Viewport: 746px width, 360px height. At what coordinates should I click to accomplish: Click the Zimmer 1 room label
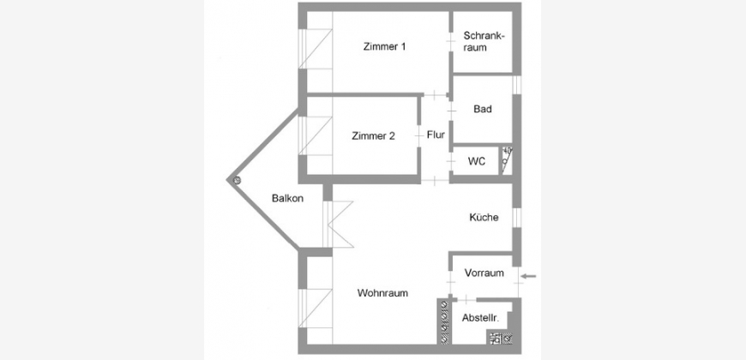384,47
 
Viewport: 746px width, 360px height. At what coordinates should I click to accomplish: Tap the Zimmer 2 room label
374,136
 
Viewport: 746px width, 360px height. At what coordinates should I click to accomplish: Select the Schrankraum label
483,41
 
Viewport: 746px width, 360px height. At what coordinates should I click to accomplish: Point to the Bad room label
483,109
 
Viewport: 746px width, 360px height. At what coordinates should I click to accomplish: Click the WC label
476,161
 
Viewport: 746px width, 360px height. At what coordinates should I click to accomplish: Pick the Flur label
436,135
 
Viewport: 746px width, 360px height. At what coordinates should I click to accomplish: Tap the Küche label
484,218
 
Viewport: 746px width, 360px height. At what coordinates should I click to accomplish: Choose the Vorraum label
484,273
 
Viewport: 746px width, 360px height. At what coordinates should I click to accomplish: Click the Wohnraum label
382,293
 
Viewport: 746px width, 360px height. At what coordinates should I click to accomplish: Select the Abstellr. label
480,318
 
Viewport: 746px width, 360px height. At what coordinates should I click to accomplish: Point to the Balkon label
287,198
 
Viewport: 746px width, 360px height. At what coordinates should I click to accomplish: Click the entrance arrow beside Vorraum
528,276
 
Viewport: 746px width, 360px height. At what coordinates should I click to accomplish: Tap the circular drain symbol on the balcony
237,180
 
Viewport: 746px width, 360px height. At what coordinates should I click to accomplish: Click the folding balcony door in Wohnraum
339,224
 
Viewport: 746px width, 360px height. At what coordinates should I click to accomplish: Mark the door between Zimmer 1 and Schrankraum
450,42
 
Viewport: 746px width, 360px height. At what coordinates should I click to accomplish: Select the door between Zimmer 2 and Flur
419,136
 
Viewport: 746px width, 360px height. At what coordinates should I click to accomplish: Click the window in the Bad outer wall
517,85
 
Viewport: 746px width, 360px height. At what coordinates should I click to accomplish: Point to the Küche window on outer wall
517,218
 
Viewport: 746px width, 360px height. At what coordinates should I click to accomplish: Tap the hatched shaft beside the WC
506,160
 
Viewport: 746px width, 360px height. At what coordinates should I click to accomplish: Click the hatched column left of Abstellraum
444,321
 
